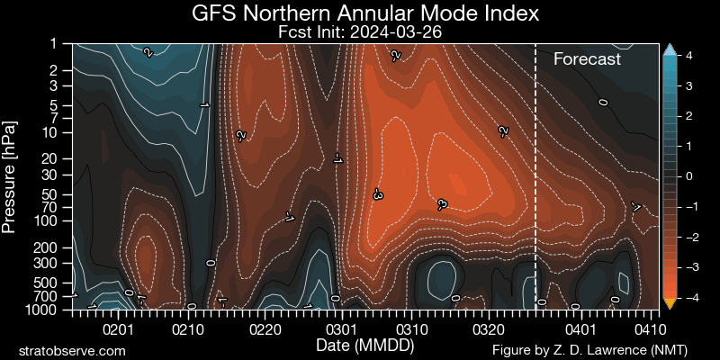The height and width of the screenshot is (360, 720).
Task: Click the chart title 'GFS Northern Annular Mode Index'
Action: point(366,13)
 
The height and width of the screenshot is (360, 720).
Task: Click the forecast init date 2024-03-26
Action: point(366,31)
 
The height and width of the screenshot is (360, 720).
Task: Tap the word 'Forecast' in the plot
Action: point(587,59)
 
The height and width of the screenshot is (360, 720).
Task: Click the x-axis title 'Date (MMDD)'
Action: point(360,346)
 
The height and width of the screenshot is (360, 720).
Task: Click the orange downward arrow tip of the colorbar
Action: point(669,301)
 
